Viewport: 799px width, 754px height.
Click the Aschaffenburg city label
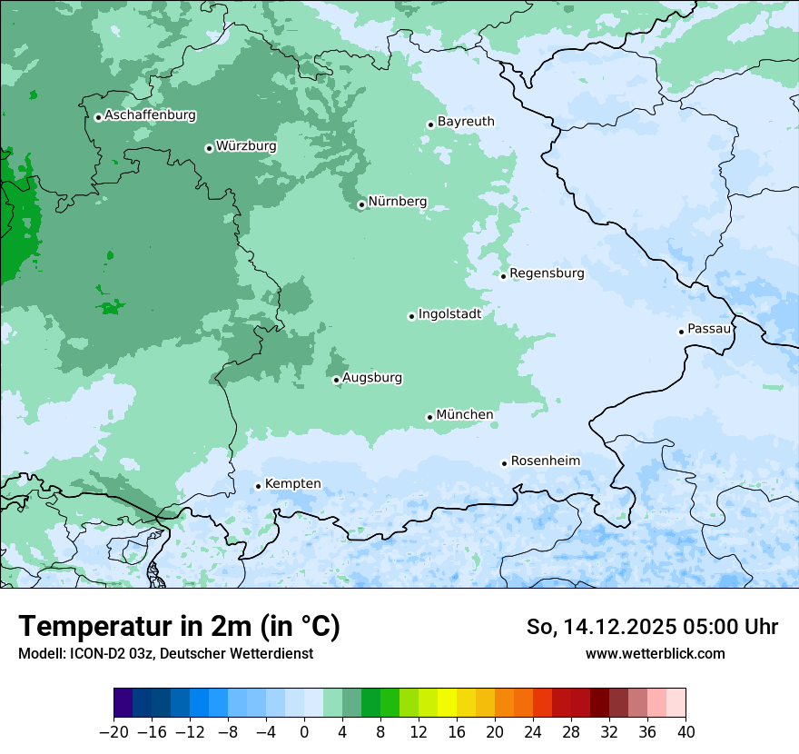[150, 115]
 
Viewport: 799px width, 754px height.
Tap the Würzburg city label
[246, 146]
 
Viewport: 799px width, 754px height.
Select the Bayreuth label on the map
[466, 122]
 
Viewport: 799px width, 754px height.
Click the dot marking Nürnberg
[361, 204]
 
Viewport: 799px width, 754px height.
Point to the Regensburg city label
[547, 273]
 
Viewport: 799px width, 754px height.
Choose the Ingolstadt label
[449, 314]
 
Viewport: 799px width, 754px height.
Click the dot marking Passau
[681, 332]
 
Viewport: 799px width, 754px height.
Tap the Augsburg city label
[372, 378]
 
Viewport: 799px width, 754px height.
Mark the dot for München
[429, 417]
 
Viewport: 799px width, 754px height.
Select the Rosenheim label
[545, 461]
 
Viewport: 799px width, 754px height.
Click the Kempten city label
[292, 484]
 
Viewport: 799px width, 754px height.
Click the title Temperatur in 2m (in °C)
[179, 627]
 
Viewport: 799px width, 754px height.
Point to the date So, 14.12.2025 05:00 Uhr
[652, 627]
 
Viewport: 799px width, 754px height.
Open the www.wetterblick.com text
[655, 653]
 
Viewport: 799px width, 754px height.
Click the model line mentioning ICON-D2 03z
[165, 653]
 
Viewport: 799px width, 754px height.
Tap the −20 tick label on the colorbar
[113, 732]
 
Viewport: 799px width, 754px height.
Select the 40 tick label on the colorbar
[686, 732]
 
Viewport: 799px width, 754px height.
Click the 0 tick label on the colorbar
[304, 732]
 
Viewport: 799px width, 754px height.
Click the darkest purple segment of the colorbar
[123, 703]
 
